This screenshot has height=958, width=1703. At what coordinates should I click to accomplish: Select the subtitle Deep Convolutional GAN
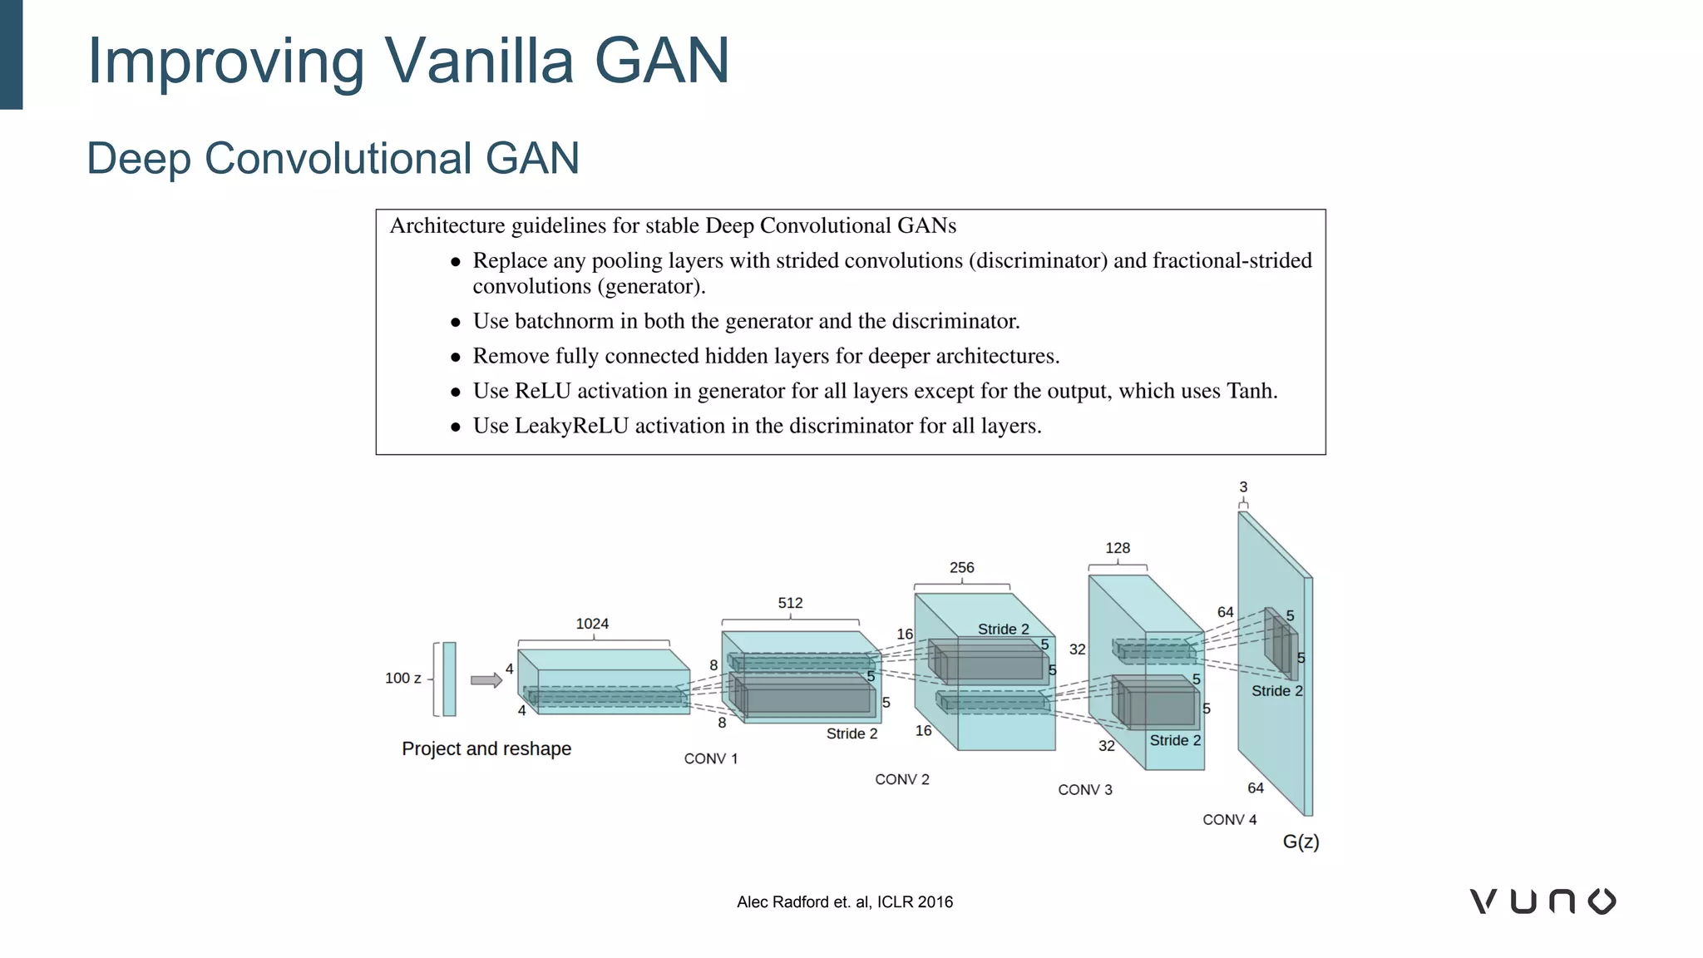[333, 158]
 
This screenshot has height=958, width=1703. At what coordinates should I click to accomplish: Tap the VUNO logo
[1543, 901]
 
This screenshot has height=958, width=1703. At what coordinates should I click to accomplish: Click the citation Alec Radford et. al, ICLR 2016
[844, 902]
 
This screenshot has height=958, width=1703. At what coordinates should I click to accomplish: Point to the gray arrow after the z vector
[486, 680]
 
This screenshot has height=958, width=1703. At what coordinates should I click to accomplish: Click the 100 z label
[402, 679]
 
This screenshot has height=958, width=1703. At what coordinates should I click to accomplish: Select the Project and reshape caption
[486, 748]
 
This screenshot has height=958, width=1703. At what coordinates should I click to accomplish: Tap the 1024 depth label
[592, 624]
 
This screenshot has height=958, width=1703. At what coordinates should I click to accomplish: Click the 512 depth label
[790, 603]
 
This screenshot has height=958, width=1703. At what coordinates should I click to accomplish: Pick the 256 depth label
[961, 568]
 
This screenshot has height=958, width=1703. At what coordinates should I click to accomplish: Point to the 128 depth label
[1117, 548]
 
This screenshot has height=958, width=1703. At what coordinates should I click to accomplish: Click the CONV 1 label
[710, 758]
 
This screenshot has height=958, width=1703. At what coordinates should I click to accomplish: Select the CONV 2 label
[901, 779]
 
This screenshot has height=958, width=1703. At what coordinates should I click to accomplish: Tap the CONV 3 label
[1084, 790]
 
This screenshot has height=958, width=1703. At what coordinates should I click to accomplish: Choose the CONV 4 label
[1229, 820]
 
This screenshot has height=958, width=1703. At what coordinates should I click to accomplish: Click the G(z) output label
[1301, 842]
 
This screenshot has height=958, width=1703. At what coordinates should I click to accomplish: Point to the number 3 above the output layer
[1243, 487]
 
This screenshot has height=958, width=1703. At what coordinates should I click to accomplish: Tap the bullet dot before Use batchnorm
[456, 323]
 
